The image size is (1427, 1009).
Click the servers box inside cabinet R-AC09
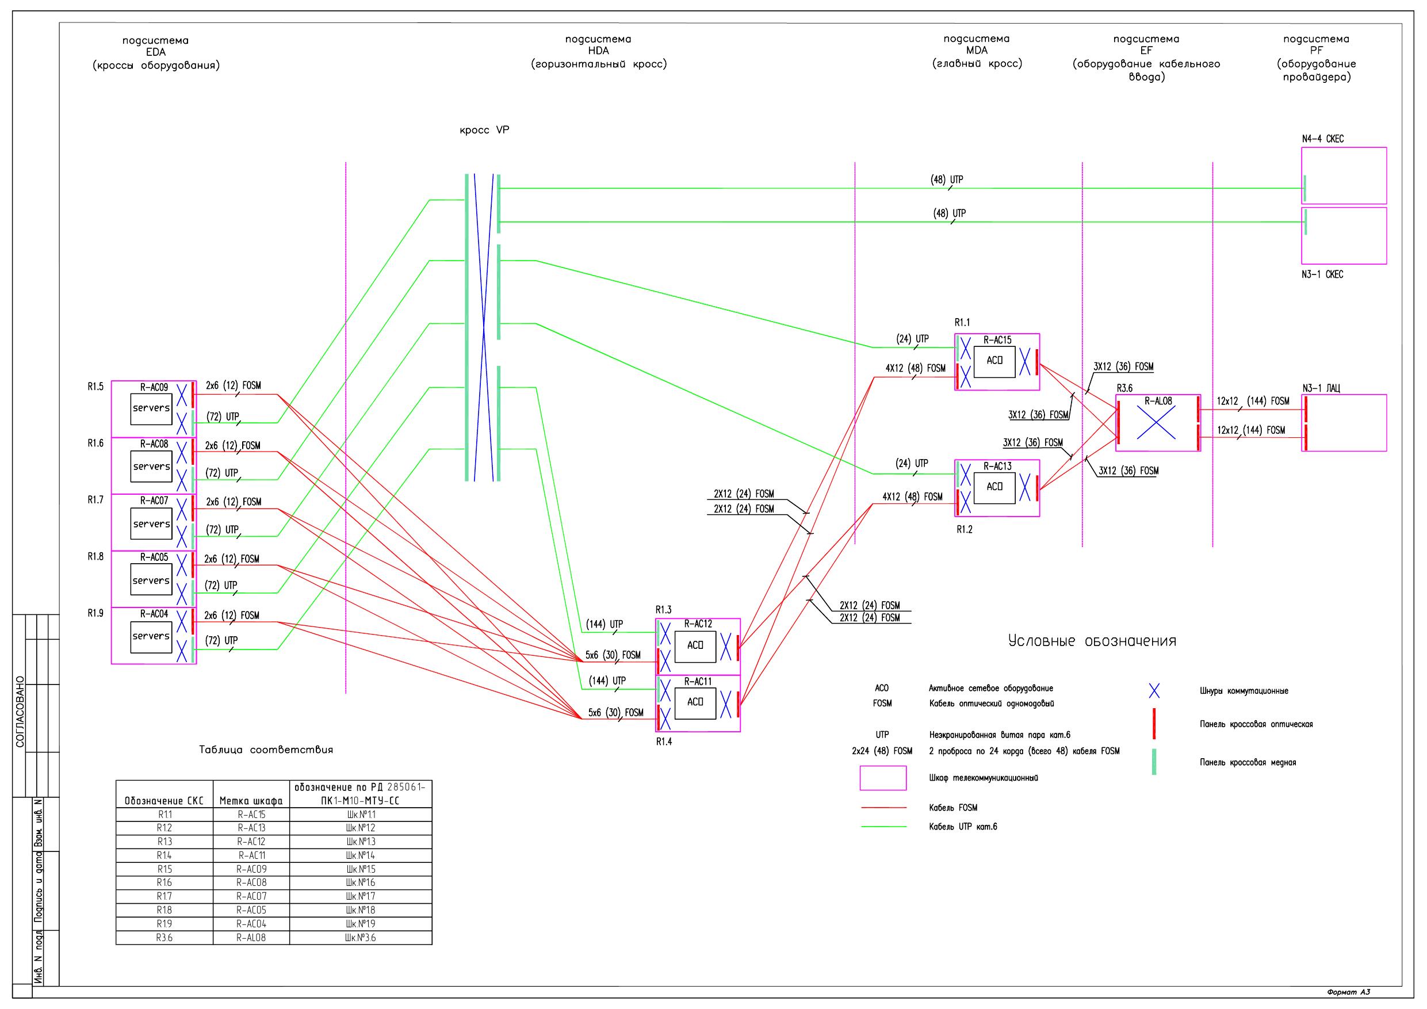pyautogui.click(x=151, y=408)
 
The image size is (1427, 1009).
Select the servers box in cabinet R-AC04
pyautogui.click(x=151, y=636)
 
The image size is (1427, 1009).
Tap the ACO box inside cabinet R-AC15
pyautogui.click(x=994, y=361)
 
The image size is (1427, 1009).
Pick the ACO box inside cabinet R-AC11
pyautogui.click(x=695, y=702)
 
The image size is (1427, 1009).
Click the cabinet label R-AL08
pyautogui.click(x=1158, y=402)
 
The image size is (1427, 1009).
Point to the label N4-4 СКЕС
pyautogui.click(x=1322, y=139)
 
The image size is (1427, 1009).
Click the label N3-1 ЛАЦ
pyautogui.click(x=1321, y=388)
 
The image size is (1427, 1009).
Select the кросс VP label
pyautogui.click(x=484, y=131)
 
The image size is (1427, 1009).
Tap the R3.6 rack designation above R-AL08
pyautogui.click(x=1125, y=388)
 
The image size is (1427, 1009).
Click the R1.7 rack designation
pyautogui.click(x=95, y=500)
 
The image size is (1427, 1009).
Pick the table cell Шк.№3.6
pyautogui.click(x=361, y=938)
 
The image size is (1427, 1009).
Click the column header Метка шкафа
pyautogui.click(x=251, y=801)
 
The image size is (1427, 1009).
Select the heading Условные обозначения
pyautogui.click(x=1092, y=641)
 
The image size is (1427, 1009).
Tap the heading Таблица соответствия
pyautogui.click(x=266, y=750)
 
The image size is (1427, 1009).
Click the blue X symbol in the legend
pyautogui.click(x=1154, y=691)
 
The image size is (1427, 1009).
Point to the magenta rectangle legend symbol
pyautogui.click(x=882, y=778)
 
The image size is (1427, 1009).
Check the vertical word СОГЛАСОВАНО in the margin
pyautogui.click(x=20, y=712)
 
